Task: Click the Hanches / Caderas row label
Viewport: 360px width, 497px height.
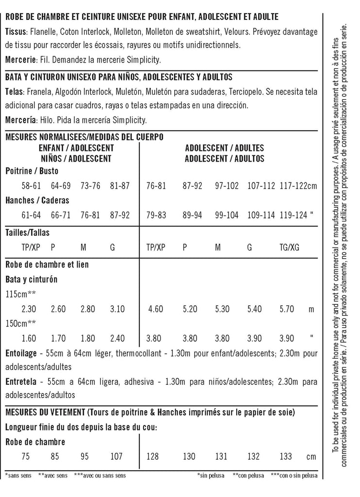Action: (37, 200)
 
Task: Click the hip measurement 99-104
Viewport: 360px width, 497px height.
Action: (228, 215)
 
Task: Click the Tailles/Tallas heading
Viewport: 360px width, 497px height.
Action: (27, 232)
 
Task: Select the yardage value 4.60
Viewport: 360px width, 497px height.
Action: (155, 309)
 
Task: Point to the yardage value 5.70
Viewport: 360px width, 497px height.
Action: (289, 309)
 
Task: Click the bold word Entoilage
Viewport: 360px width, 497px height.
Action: (21, 353)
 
